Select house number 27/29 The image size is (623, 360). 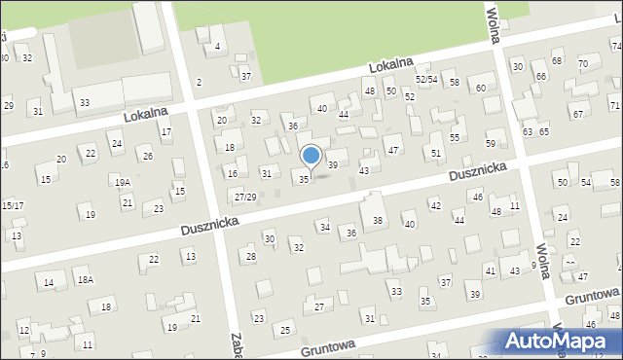click(245, 198)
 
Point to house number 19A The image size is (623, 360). click(122, 182)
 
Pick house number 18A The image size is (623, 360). click(86, 280)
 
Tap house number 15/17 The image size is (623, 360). click(13, 205)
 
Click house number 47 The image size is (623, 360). click(393, 150)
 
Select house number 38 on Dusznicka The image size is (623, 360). click(378, 221)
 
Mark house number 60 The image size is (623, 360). click(481, 89)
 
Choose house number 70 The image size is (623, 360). click(582, 64)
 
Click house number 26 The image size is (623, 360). click(147, 156)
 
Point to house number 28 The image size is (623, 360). click(250, 257)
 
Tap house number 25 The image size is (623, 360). click(285, 331)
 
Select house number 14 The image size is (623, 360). click(49, 282)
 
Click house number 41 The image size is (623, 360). click(490, 271)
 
